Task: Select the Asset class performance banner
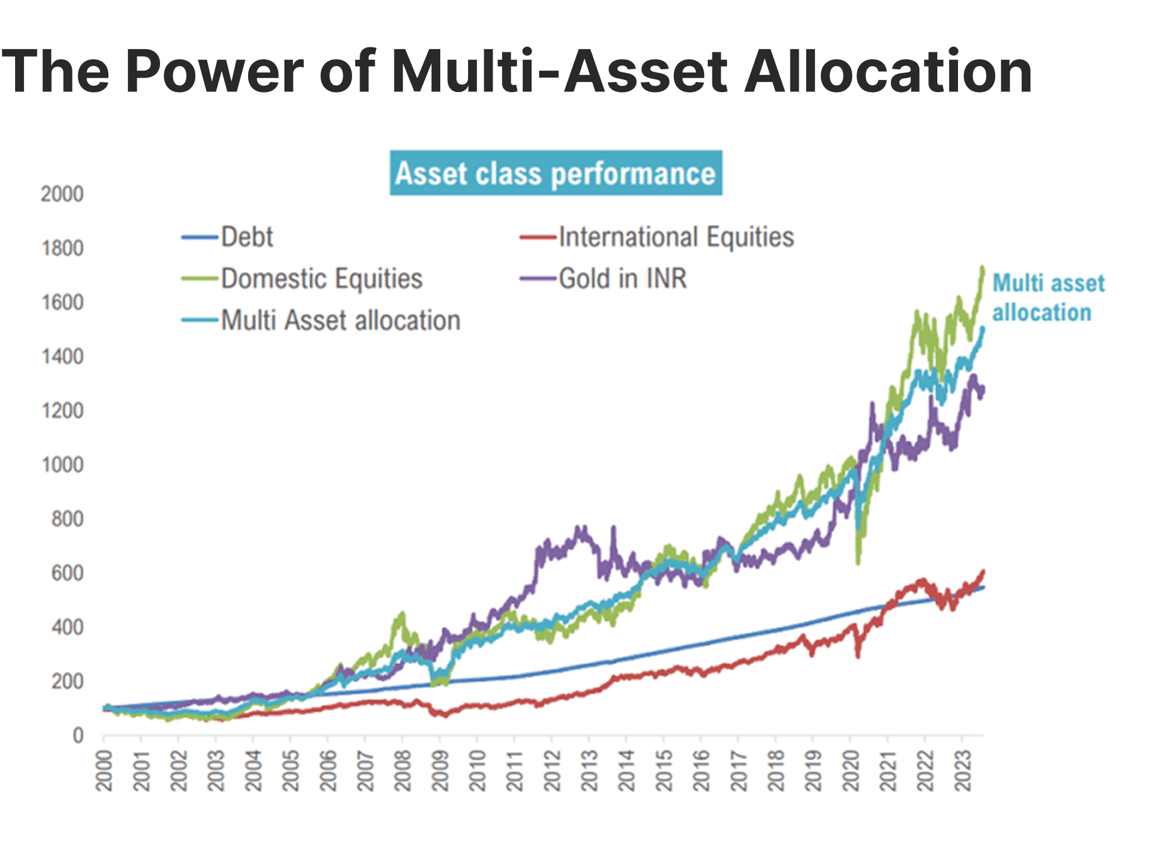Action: pos(556,173)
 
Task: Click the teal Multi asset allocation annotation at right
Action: pos(1047,297)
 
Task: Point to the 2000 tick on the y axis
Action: pos(62,194)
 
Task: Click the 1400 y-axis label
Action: pos(62,357)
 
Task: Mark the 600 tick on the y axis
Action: pos(67,573)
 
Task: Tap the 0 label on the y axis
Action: pos(77,735)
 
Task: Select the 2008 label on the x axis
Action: pos(402,770)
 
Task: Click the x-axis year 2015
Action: pos(664,770)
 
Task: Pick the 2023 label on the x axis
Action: pos(962,770)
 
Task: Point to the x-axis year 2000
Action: pos(104,770)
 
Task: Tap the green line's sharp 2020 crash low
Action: pos(858,562)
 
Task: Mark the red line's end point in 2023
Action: pos(983,572)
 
